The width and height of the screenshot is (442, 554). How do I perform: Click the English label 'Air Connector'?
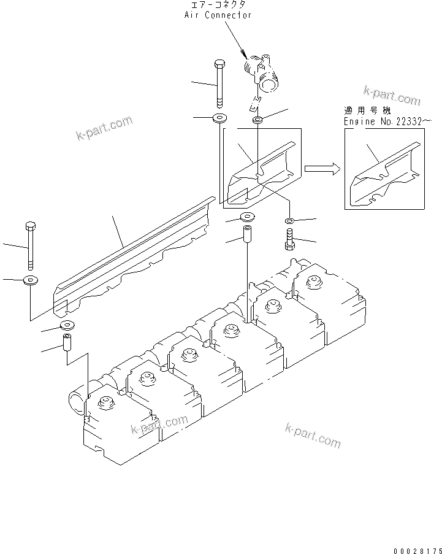218,15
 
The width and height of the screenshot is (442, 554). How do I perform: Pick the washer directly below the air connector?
259,117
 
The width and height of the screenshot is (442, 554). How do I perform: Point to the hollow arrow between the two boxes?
322,169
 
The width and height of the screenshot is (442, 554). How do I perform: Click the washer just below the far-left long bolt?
30,281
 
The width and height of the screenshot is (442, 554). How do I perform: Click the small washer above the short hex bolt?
290,220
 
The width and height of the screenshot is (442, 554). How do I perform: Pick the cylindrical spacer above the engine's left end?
66,343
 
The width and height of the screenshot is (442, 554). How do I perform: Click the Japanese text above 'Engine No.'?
367,111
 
